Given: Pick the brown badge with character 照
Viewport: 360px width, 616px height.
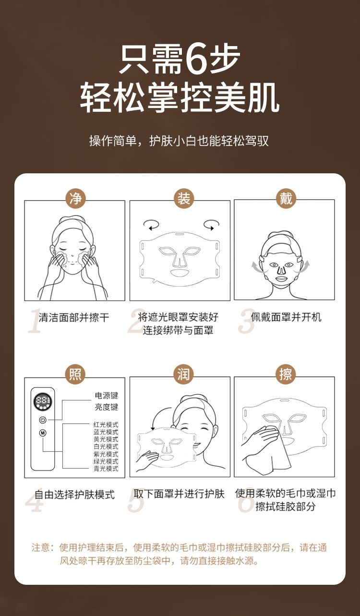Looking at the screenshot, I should tap(75, 374).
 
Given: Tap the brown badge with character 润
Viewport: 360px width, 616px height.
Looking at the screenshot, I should tap(184, 374).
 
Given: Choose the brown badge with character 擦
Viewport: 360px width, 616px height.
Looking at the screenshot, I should tap(286, 374).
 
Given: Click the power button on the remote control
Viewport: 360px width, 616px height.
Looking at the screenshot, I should tap(43, 420).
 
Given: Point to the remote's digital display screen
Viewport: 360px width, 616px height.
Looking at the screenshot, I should tap(43, 402).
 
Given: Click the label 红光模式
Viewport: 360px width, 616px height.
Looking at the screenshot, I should tap(106, 425).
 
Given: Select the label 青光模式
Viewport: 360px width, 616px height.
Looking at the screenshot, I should tap(106, 469).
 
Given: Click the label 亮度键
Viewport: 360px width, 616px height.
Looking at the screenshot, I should tap(106, 407).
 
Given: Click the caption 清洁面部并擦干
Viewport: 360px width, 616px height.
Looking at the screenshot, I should tap(74, 317).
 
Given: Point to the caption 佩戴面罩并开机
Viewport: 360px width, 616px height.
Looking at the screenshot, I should tap(286, 317).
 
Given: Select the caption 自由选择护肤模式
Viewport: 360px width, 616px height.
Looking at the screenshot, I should tap(74, 495).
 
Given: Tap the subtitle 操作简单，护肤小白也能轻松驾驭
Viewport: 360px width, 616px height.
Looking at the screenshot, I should tap(180, 141).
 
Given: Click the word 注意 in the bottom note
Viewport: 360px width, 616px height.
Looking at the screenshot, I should tap(40, 548).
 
